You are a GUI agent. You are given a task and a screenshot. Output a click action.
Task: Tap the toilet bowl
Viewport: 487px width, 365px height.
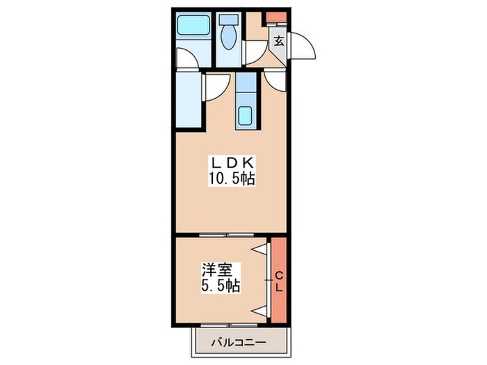pyautogui.click(x=227, y=37)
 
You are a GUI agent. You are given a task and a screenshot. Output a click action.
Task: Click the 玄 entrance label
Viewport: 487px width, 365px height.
pyautogui.click(x=278, y=42)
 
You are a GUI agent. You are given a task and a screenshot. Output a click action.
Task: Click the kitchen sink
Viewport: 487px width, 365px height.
pyautogui.click(x=245, y=115)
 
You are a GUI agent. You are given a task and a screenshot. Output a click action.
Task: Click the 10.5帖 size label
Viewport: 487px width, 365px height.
pyautogui.click(x=231, y=179)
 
